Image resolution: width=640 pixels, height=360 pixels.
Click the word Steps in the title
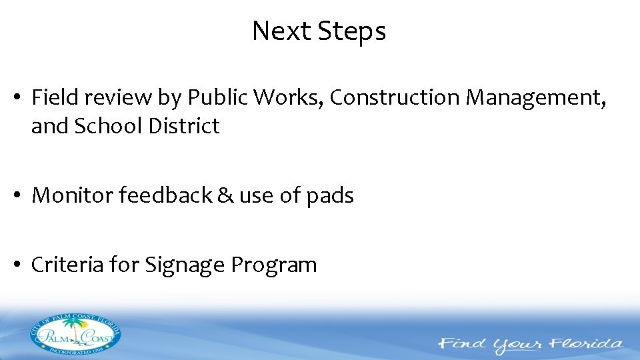(351, 31)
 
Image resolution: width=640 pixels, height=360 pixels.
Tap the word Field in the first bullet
(52, 98)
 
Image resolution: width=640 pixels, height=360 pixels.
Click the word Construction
(395, 98)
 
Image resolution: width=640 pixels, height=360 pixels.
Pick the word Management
(536, 98)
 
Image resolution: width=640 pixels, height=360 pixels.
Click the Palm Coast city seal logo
(75, 333)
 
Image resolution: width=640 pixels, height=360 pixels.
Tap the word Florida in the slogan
(587, 345)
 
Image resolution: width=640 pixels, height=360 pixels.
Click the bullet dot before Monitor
(21, 196)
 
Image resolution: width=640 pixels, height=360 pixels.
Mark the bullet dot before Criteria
(21, 265)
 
